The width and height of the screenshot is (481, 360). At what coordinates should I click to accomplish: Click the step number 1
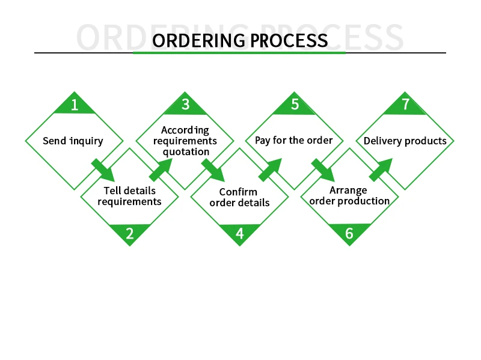tap(75, 105)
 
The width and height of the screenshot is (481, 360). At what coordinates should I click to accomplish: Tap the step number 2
tap(129, 233)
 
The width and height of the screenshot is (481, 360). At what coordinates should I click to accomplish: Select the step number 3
tap(186, 105)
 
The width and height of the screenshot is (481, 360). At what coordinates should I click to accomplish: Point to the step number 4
tap(239, 233)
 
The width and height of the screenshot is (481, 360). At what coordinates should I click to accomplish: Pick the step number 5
tap(295, 105)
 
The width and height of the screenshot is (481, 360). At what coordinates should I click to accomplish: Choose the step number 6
tap(349, 233)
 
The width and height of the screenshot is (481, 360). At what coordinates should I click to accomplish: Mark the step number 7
tap(405, 105)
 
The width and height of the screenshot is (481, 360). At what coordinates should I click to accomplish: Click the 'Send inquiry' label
tap(73, 141)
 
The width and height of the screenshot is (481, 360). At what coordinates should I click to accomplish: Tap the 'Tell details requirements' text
tap(129, 196)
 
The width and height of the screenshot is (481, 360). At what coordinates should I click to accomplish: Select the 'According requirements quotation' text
tap(185, 141)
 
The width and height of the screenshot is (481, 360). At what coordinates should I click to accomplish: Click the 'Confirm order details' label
tap(239, 197)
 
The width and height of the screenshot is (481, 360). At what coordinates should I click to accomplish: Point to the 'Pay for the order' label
tap(293, 140)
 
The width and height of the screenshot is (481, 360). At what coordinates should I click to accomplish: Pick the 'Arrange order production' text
tap(349, 196)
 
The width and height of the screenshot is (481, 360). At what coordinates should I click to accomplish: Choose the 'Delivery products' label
tap(405, 141)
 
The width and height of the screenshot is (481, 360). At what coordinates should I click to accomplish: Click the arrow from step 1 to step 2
tap(103, 170)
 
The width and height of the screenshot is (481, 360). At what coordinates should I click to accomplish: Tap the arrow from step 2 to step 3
tap(159, 170)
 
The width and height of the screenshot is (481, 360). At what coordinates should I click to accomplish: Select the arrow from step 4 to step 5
tap(270, 170)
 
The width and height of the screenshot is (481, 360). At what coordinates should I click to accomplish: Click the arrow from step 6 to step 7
tap(380, 170)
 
